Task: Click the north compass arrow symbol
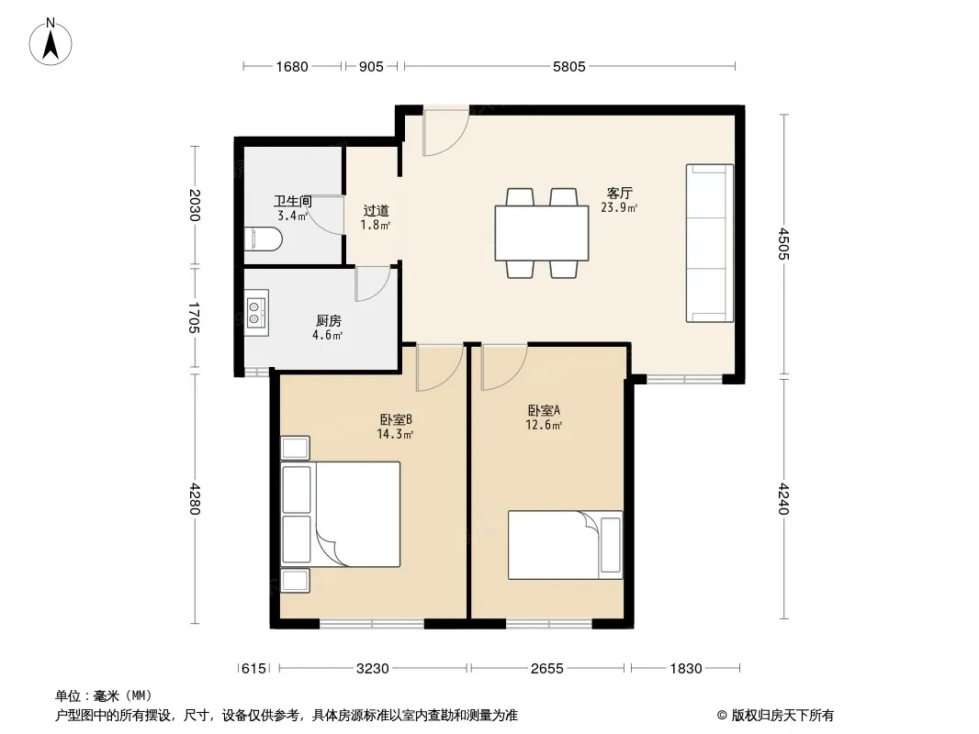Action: tap(51, 43)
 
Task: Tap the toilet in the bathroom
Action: tap(263, 239)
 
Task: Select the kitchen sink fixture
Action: tap(256, 313)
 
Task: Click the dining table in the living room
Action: tap(541, 233)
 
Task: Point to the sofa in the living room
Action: tap(709, 243)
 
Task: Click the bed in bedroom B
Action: tap(341, 515)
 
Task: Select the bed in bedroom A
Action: tap(565, 545)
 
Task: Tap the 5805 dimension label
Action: tap(568, 66)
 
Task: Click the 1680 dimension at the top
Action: tap(291, 66)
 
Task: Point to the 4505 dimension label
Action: tap(784, 244)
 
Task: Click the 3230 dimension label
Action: tap(372, 669)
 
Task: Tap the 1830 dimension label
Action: tap(685, 669)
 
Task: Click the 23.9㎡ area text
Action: tap(619, 207)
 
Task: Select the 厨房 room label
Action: tap(329, 321)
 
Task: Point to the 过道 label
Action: tap(376, 211)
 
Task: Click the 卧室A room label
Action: tap(544, 410)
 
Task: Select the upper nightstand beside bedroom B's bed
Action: tap(295, 448)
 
